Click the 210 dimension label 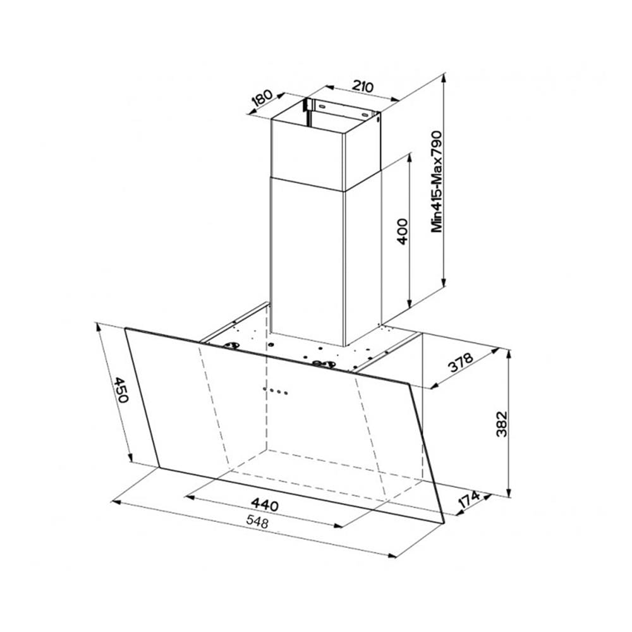363,86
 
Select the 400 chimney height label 403,232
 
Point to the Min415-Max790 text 437,181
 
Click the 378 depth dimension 460,363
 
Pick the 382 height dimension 502,424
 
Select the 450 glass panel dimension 119,389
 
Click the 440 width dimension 264,504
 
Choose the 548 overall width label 257,523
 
